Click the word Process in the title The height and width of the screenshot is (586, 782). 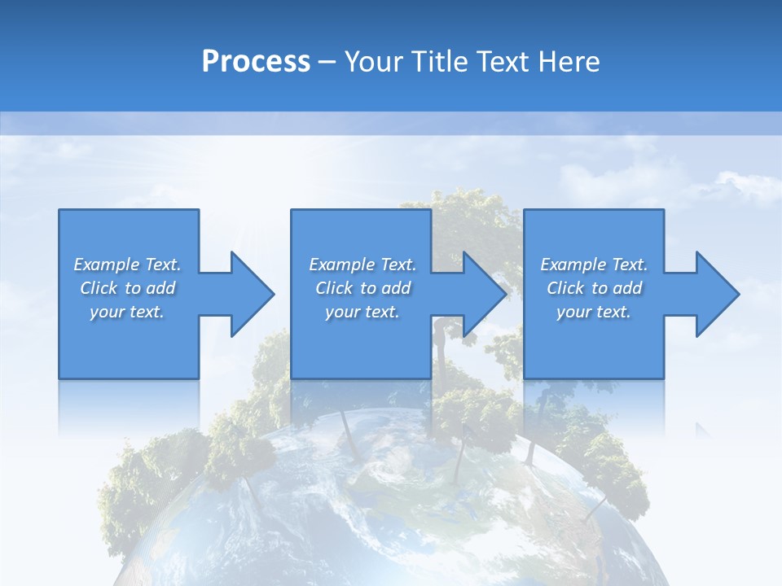click(x=256, y=61)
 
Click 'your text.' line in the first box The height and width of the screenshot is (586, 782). click(x=127, y=312)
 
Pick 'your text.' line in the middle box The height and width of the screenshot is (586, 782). click(x=362, y=312)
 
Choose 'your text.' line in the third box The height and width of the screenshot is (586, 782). click(x=594, y=312)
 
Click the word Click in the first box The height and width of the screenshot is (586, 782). click(x=99, y=288)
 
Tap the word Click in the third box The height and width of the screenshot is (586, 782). click(x=565, y=288)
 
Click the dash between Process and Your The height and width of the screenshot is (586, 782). click(x=327, y=62)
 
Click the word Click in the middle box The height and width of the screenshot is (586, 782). click(x=334, y=288)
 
